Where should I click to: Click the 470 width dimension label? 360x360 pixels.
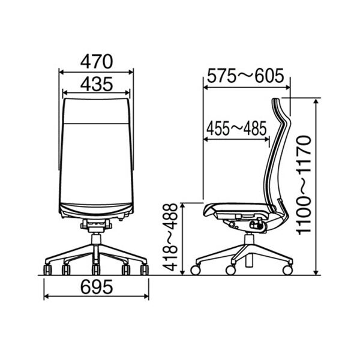[97, 62]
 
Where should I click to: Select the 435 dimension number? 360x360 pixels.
[97, 84]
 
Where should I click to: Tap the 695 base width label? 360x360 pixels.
[97, 287]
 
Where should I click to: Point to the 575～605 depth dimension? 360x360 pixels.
[245, 76]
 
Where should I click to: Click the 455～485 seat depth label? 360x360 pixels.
[236, 128]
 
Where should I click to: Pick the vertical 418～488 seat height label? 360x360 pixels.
[170, 238]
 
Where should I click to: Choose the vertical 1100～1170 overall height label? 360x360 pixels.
[303, 185]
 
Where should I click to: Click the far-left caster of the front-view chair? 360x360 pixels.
[47, 269]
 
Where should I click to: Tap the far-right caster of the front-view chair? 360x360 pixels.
[145, 269]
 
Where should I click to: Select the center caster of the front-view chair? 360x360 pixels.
[96, 269]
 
